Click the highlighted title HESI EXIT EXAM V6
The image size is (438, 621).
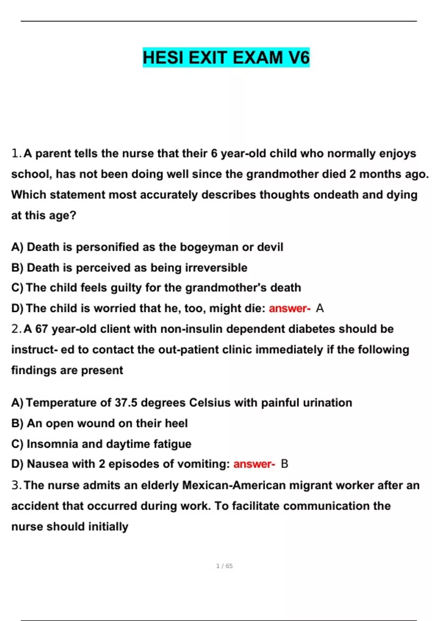[226, 58]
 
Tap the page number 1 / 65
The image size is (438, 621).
[224, 566]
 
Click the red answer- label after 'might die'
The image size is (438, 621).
[289, 309]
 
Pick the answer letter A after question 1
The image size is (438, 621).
[320, 309]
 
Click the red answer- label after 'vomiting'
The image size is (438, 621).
[254, 464]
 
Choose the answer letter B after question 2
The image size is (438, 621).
[285, 464]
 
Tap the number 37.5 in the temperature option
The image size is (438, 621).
[126, 403]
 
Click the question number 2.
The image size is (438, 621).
[16, 329]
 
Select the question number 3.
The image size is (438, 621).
[16, 485]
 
